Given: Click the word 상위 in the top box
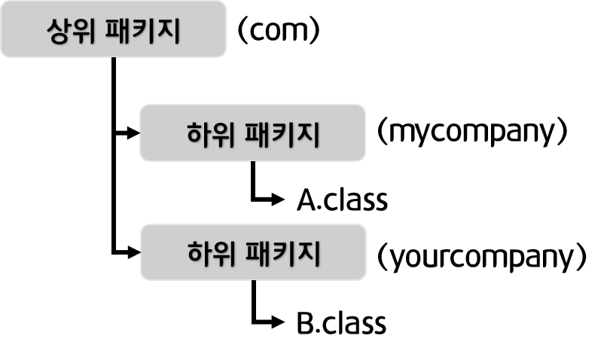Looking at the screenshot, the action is (72, 32).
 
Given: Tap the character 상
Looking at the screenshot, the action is (59, 32).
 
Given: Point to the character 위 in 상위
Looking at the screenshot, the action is (85, 32).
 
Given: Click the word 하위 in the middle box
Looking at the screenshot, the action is (212, 135).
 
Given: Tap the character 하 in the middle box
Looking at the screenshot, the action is (199, 135).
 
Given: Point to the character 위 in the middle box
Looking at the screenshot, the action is (224, 135).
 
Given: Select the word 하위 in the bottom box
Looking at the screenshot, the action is (212, 253).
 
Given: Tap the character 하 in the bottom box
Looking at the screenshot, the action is (200, 253).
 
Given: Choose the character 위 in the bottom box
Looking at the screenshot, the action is (225, 253).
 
